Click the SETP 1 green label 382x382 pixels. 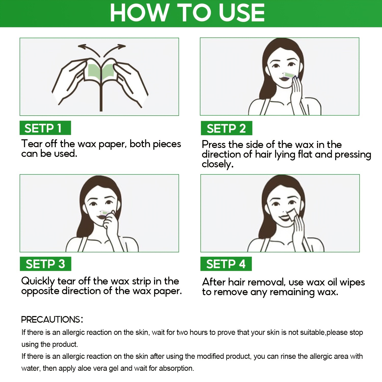[45, 128]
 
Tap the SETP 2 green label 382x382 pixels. [226, 128]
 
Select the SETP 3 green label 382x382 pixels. [45, 264]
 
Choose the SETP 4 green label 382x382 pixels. [226, 264]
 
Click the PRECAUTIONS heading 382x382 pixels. [52, 319]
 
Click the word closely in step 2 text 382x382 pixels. [217, 164]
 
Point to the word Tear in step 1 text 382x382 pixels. [32, 144]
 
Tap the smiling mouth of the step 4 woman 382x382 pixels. [283, 218]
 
